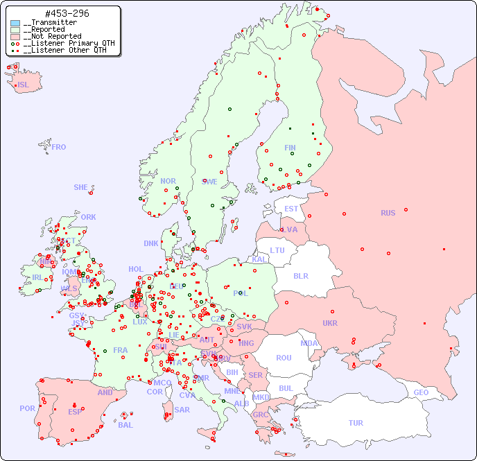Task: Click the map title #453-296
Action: coord(66,14)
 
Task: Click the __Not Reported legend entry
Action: coord(52,36)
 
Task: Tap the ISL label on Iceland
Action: coord(24,85)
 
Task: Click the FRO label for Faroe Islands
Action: coord(59,147)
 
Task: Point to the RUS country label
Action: coord(388,213)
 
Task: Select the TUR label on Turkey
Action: coord(356,423)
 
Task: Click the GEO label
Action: coord(421,392)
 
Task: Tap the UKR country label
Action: coord(330,323)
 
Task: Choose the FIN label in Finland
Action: coord(290,148)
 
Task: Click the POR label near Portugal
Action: coord(27,408)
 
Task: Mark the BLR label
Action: coord(300,276)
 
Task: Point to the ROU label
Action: coord(284,358)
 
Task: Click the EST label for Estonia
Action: coord(291,209)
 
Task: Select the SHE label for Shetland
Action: coord(81,187)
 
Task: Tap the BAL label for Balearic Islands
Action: coord(125,425)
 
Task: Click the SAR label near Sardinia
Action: coord(182,410)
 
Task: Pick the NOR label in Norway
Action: coord(168,181)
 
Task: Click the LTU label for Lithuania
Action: coord(277,250)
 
